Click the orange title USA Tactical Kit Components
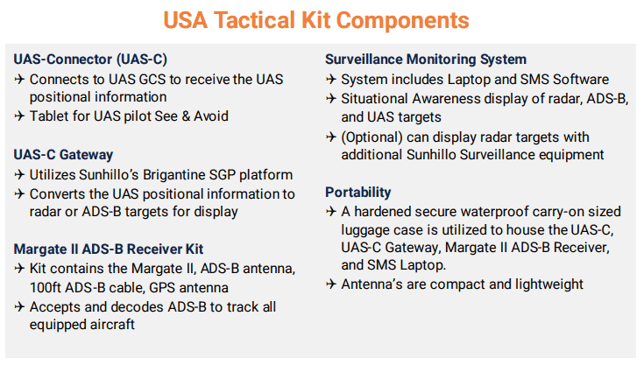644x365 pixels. tap(316, 20)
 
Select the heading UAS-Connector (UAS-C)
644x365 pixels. tap(90, 60)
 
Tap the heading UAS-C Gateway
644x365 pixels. tap(63, 155)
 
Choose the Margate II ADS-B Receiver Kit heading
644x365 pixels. tap(109, 249)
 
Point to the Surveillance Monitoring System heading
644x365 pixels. tap(426, 60)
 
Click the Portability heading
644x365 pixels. tap(358, 193)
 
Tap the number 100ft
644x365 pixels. tap(46, 287)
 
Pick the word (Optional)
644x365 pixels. tap(372, 137)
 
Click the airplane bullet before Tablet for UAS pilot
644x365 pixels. tap(19, 116)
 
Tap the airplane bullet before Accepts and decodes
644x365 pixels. tap(19, 306)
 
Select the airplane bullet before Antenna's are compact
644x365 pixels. tap(331, 284)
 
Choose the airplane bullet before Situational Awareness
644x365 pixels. tap(331, 98)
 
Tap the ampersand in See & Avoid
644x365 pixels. tap(186, 116)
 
